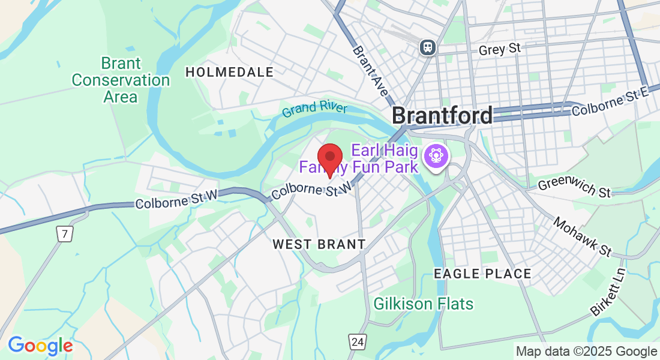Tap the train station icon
pyautogui.click(x=428, y=46)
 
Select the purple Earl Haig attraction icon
pyautogui.click(x=435, y=156)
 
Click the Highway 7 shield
pyautogui.click(x=65, y=234)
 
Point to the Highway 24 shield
pyautogui.click(x=358, y=342)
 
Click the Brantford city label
pyautogui.click(x=443, y=115)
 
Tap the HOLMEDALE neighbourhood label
pyautogui.click(x=229, y=72)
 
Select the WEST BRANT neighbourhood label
pyautogui.click(x=319, y=244)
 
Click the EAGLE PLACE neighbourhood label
pyautogui.click(x=482, y=274)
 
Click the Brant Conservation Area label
pyautogui.click(x=121, y=80)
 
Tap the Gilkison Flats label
pyautogui.click(x=423, y=304)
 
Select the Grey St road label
pyautogui.click(x=499, y=49)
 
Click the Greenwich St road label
pyautogui.click(x=574, y=187)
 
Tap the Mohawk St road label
pyautogui.click(x=581, y=236)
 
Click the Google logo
pyautogui.click(x=40, y=346)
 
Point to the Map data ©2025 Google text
pyautogui.click(x=586, y=352)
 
